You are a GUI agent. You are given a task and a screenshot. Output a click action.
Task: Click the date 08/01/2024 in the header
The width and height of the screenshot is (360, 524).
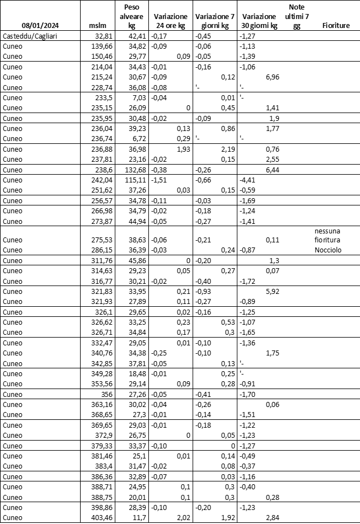click(x=40, y=26)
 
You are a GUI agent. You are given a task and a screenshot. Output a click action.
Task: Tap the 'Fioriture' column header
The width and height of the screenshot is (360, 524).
click(x=336, y=26)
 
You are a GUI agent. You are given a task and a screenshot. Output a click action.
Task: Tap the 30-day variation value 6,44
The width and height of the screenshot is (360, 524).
click(x=270, y=169)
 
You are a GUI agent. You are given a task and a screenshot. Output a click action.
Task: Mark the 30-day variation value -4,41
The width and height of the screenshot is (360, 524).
click(x=247, y=180)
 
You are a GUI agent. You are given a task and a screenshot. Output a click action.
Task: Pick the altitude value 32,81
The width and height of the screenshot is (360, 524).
click(x=104, y=36)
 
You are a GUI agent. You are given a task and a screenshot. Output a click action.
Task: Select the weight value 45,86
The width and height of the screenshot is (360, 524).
click(x=137, y=260)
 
